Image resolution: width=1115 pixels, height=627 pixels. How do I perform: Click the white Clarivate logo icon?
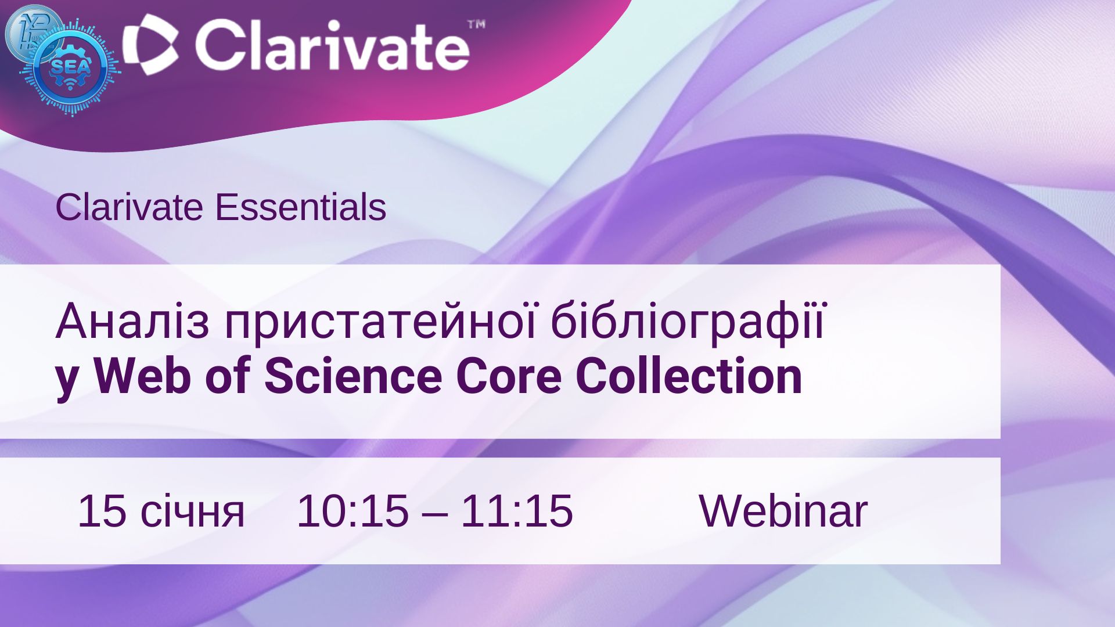[x=151, y=45]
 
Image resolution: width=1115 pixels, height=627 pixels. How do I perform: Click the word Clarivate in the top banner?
[x=332, y=45]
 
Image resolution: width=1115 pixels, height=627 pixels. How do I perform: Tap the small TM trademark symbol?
[x=476, y=24]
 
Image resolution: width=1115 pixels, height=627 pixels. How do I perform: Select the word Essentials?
[x=300, y=207]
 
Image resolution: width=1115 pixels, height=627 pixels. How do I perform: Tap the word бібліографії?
[x=688, y=323]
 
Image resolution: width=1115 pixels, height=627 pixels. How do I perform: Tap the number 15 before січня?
[x=102, y=511]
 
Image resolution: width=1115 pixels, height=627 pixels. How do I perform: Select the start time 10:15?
[x=353, y=511]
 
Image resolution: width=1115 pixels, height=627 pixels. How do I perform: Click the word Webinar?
[x=783, y=511]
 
